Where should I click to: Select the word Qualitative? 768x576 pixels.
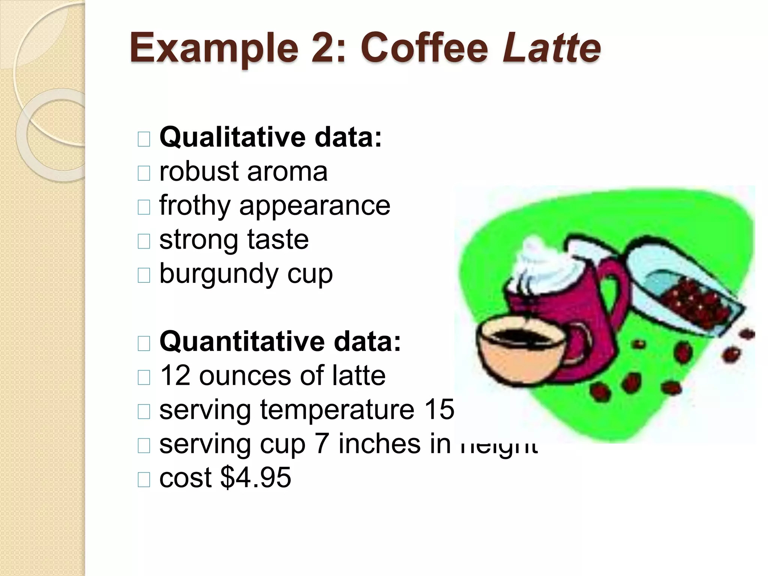[x=232, y=138]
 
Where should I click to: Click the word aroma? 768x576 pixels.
[x=287, y=172]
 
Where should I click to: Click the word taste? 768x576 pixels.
[x=277, y=240]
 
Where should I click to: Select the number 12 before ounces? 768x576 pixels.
[x=175, y=376]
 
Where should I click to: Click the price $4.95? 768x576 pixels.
[x=255, y=478]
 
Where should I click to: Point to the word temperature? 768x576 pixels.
[x=337, y=409]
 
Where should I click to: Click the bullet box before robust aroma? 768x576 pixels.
[x=144, y=173]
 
